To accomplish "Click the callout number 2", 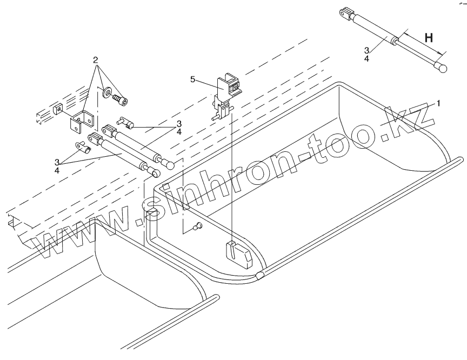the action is (95, 58).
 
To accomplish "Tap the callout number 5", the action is (192, 79).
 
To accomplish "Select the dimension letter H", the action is (429, 38).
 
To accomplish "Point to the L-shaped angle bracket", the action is (82, 119).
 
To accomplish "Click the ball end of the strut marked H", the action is (443, 69).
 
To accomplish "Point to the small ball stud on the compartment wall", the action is (198, 226).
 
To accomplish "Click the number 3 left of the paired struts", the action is (57, 162).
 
